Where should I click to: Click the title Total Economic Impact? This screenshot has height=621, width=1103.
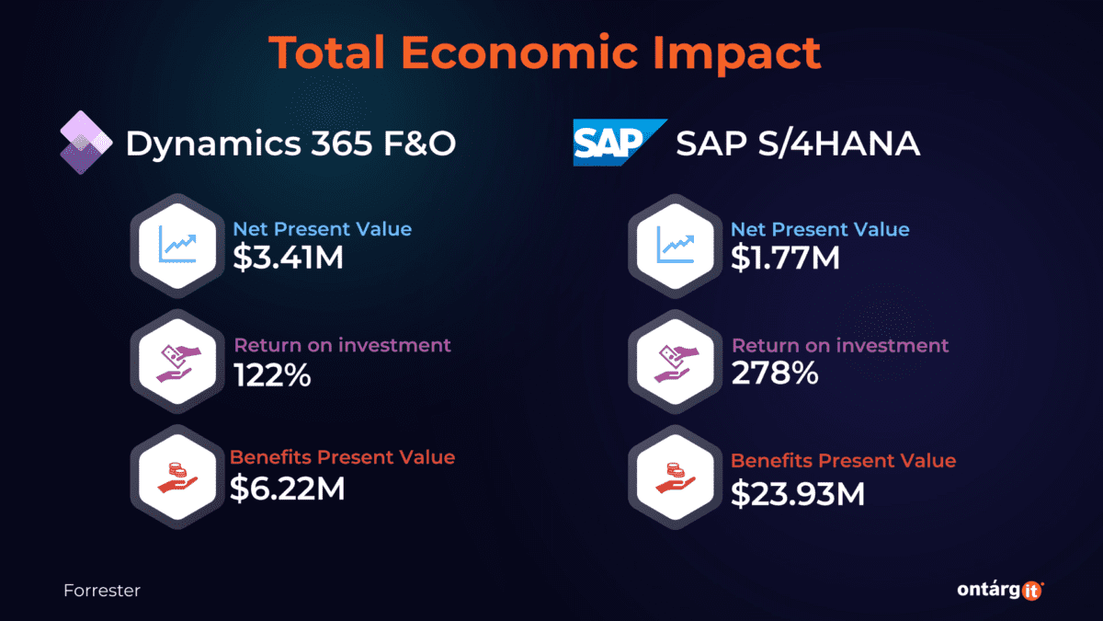(545, 53)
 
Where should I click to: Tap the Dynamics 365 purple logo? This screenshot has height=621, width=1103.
(85, 142)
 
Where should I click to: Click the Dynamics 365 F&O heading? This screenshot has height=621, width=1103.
(290, 144)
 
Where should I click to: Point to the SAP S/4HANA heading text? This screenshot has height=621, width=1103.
(798, 144)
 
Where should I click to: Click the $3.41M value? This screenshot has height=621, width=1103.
(288, 259)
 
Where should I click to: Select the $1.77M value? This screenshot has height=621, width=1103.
(785, 259)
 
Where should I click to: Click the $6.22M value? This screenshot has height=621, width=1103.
(288, 489)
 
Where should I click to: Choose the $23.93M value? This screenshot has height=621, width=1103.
(798, 493)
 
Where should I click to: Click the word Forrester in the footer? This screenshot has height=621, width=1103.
(102, 591)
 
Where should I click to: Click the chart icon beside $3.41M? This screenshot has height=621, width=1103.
(180, 244)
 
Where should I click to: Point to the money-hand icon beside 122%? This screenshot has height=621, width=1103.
(180, 361)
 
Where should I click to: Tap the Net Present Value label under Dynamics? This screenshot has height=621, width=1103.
(322, 229)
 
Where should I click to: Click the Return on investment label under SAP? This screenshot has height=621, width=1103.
(839, 346)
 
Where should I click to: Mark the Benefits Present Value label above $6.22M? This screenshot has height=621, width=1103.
(342, 457)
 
